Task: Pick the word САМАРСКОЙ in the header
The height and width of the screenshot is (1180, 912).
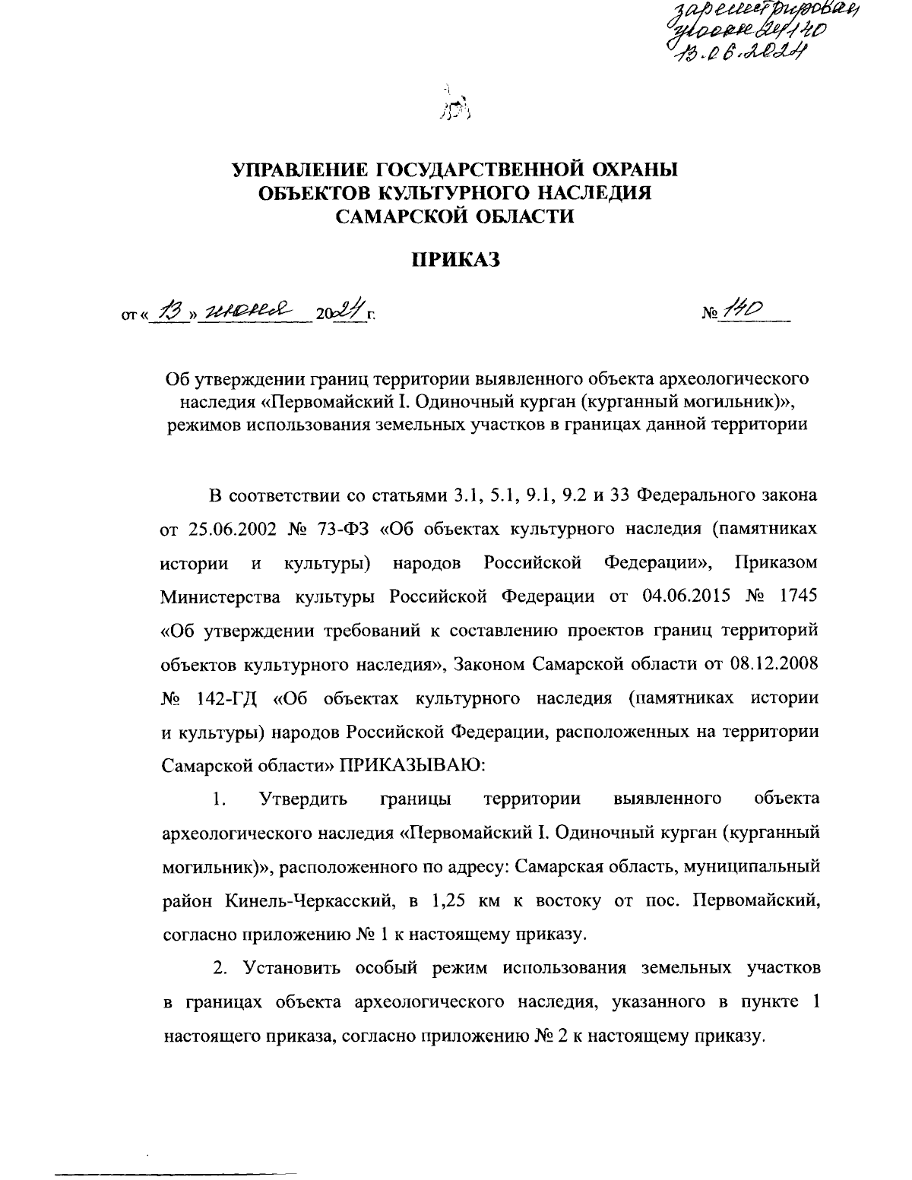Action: (x=397, y=217)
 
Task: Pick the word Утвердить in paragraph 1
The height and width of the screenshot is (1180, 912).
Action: (x=303, y=799)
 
